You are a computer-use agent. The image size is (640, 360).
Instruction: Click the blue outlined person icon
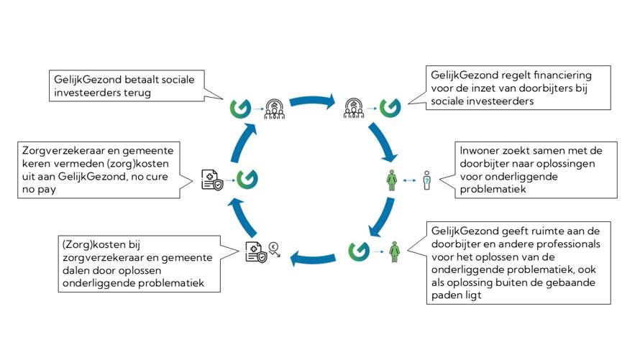(426, 180)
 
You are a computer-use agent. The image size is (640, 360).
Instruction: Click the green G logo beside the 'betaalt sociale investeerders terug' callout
(240, 108)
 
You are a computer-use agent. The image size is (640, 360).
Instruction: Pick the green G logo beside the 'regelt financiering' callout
(390, 108)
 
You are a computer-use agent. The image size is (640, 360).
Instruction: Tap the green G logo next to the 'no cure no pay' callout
(247, 178)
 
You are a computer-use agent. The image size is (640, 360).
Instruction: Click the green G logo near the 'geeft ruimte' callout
(358, 251)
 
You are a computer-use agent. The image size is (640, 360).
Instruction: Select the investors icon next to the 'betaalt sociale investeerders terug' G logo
(275, 108)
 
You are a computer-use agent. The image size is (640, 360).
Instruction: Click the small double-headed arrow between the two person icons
(409, 180)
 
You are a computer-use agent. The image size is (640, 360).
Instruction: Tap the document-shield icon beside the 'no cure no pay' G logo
(210, 178)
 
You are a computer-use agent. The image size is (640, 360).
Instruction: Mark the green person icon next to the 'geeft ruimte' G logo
(394, 251)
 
